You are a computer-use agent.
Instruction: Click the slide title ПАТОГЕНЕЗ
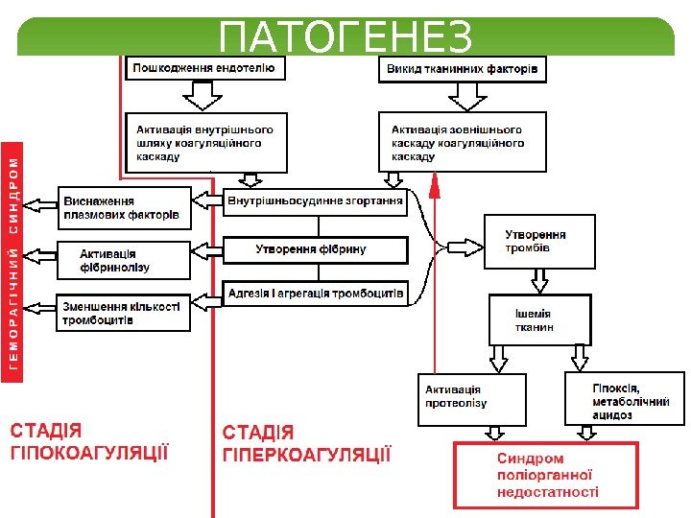point(345,38)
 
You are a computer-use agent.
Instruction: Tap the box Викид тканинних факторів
point(464,69)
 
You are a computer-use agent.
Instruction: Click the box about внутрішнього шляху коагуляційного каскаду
point(206,142)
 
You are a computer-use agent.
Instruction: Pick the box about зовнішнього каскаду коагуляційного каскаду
point(464,142)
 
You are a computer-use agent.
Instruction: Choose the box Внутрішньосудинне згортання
point(315,201)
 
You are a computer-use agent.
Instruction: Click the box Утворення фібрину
point(315,249)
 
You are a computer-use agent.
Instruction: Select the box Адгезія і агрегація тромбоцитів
point(315,293)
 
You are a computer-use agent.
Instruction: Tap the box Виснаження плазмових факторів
point(125,208)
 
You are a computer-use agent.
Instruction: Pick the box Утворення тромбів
point(542,241)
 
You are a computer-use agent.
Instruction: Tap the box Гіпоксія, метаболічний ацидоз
point(623,398)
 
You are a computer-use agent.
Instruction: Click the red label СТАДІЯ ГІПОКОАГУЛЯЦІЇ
point(89,442)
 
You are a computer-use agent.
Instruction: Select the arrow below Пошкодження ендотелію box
point(203,95)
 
